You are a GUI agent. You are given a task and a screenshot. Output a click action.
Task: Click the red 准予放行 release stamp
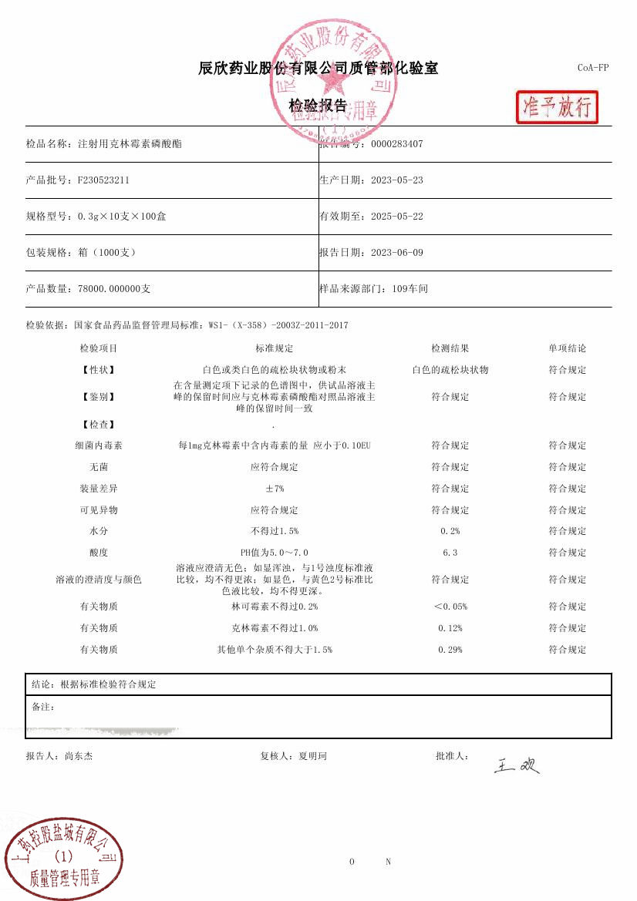(x=557, y=107)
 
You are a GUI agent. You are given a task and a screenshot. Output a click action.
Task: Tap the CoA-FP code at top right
(x=592, y=68)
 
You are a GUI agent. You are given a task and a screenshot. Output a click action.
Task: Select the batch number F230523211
(x=103, y=180)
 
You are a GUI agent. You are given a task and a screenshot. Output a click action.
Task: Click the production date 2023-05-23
(x=396, y=180)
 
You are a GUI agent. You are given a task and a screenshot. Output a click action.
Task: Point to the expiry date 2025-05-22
(x=396, y=217)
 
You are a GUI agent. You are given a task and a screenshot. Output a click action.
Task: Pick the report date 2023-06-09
(x=396, y=253)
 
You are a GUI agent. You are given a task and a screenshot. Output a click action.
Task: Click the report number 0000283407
(x=396, y=144)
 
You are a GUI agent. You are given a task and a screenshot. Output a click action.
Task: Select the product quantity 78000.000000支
(x=114, y=289)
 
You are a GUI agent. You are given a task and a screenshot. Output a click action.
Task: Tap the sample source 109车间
(x=410, y=289)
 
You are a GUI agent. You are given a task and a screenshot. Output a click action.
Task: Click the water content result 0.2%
(x=450, y=532)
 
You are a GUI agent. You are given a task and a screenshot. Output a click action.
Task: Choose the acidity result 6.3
(x=450, y=553)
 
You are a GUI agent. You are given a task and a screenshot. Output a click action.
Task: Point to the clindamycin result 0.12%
(x=450, y=629)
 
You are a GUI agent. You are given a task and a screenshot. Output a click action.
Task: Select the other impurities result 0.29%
(x=450, y=651)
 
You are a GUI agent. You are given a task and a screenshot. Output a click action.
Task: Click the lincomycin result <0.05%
(x=450, y=607)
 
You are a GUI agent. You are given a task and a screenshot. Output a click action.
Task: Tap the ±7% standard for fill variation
(x=275, y=489)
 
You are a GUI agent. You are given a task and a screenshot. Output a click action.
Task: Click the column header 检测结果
(x=450, y=349)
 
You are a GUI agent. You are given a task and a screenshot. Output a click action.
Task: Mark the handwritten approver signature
(x=517, y=765)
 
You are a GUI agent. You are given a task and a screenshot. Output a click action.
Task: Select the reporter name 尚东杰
(x=79, y=757)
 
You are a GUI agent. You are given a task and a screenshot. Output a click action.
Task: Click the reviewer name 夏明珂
(x=312, y=757)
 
